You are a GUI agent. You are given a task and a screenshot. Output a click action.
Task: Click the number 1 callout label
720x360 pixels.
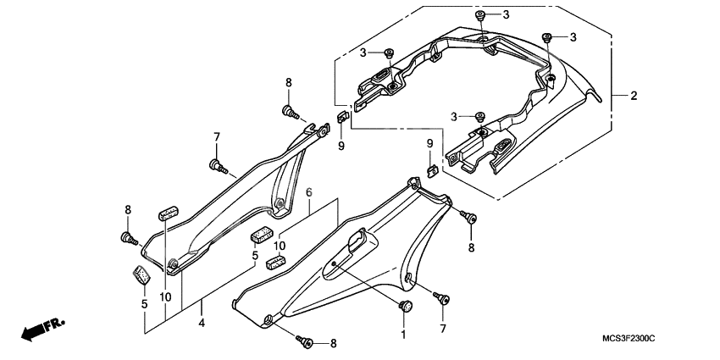[x=404, y=335]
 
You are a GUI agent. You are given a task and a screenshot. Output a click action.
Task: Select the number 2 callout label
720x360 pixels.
[x=633, y=97]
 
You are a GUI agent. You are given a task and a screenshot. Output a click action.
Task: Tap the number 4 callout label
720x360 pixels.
[x=202, y=323]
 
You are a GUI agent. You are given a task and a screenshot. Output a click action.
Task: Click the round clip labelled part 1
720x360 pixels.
[x=405, y=306]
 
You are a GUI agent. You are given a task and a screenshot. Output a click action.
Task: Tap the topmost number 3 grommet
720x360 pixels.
[x=481, y=16]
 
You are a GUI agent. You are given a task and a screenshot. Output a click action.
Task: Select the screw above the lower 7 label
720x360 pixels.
[x=440, y=296]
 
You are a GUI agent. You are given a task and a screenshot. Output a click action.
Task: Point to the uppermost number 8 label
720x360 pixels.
[x=288, y=82]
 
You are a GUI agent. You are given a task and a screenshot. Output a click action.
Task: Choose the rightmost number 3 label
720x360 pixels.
[x=573, y=37]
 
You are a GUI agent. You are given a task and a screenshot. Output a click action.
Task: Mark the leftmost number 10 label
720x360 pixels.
[x=165, y=298]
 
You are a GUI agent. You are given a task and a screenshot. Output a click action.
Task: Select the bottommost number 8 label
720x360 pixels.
[x=333, y=343]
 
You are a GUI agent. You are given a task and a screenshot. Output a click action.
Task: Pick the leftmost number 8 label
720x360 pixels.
[x=128, y=210]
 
